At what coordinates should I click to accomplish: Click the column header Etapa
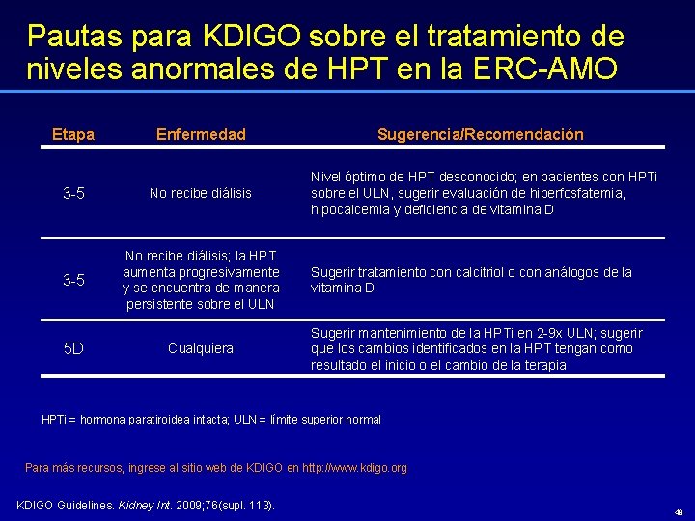coord(72,134)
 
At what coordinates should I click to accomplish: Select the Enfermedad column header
coord(201,134)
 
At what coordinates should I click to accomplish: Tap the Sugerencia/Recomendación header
coord(480,134)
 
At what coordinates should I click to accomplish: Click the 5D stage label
coord(73,347)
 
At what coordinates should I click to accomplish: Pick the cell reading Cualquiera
coord(201,348)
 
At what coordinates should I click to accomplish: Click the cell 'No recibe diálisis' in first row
coord(201,193)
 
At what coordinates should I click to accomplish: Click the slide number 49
coord(680,511)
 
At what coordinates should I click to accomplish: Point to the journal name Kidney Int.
coord(142,506)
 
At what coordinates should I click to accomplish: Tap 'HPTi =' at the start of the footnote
coord(59,420)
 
